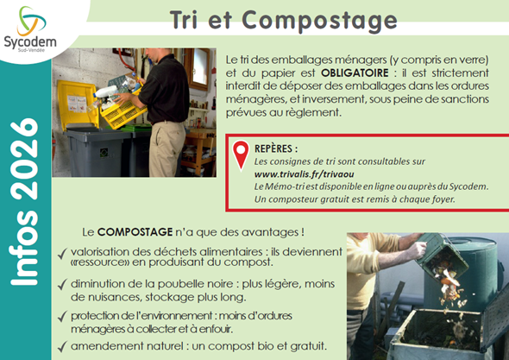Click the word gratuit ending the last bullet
(307, 345)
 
